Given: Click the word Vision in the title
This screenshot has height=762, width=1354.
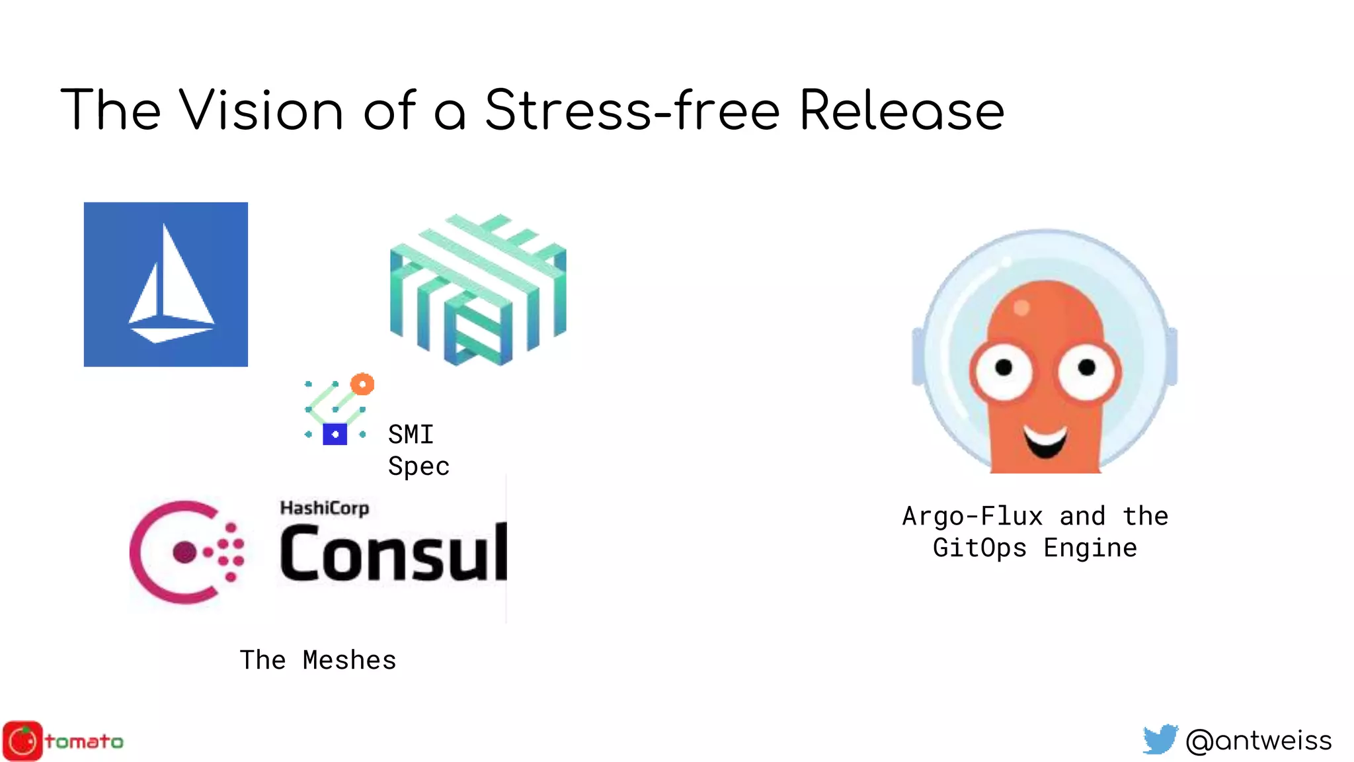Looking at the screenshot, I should tap(261, 110).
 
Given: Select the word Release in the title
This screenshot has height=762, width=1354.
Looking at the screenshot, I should tap(902, 110).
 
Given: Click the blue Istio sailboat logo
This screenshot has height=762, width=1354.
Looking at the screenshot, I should tap(166, 284).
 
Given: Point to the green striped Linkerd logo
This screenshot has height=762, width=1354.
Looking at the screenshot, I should tap(478, 290).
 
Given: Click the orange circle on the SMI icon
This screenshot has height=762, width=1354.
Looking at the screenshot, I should tap(362, 384).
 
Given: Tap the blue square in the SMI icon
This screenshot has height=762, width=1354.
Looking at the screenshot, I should tap(335, 435).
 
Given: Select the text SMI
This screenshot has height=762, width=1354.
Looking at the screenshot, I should tap(411, 435).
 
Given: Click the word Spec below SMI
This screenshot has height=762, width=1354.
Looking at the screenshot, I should tap(418, 466).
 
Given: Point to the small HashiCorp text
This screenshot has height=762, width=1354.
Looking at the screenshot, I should tap(324, 508).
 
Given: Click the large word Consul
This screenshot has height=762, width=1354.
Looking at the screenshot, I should tap(393, 553).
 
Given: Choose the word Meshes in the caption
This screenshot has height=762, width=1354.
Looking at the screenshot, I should tap(349, 660).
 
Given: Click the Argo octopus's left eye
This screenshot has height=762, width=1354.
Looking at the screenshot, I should tap(1004, 368).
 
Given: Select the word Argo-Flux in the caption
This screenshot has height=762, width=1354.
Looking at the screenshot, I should tap(973, 516).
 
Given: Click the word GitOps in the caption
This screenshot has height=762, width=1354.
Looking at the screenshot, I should tap(980, 548).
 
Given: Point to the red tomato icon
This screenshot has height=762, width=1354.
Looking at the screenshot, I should tap(23, 741).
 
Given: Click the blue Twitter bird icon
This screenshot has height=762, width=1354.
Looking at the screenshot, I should tap(1160, 740).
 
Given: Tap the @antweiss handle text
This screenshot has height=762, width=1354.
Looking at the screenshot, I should tap(1259, 740).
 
